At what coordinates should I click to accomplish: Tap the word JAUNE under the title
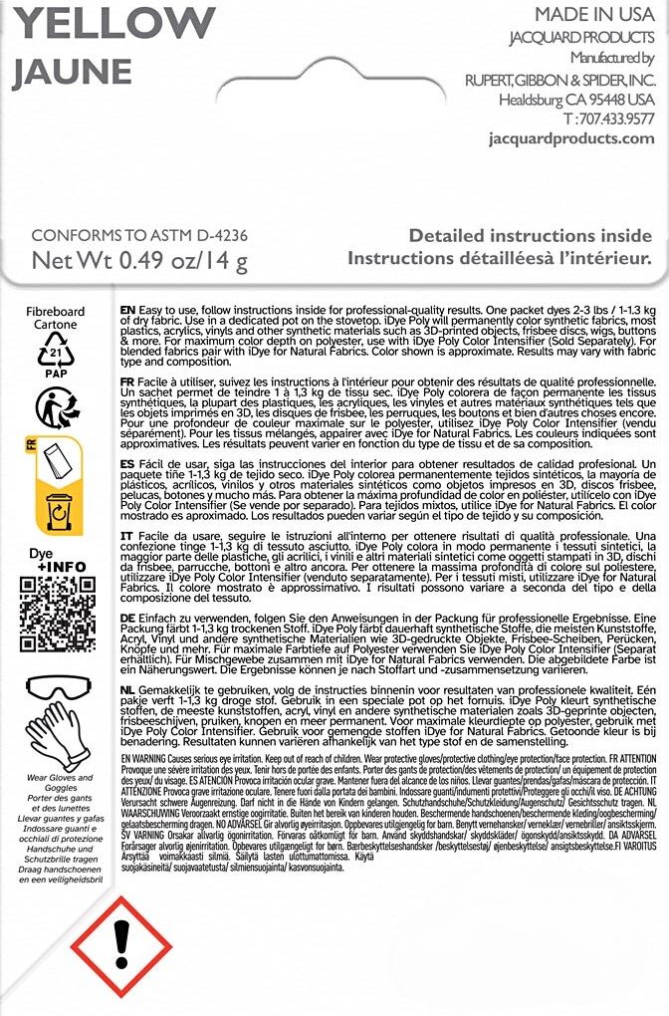tap(72, 72)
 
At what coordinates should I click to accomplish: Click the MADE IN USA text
tap(594, 15)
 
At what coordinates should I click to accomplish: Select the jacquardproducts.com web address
tap(571, 138)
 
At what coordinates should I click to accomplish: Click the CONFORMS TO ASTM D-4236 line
tap(139, 236)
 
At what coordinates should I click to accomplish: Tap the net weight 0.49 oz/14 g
tap(139, 262)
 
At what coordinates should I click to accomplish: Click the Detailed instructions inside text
tap(530, 236)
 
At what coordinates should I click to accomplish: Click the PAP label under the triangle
tap(56, 374)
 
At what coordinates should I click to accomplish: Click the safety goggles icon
tap(56, 687)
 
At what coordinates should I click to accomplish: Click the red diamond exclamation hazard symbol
tap(122, 939)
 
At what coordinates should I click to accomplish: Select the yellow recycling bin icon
tap(59, 511)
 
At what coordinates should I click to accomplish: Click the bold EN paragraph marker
tap(127, 312)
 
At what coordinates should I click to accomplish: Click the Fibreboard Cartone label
tap(56, 318)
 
